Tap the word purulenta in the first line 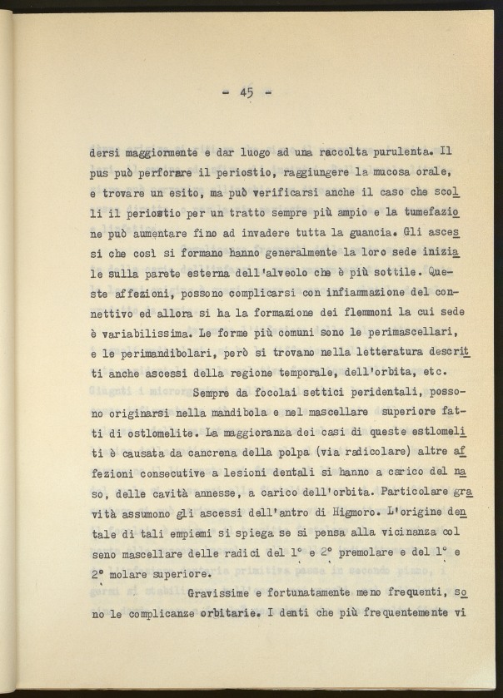[x=394, y=153]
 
